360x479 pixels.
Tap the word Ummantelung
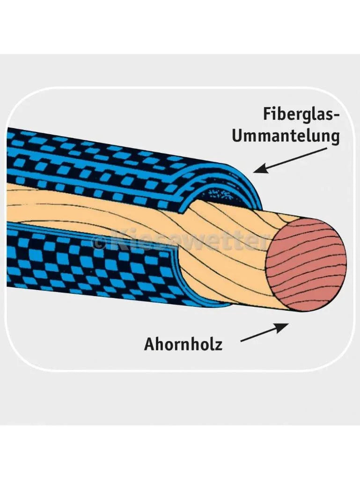coord(286,136)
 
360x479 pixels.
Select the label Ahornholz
coord(183,344)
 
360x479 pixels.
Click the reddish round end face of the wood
coord(306,265)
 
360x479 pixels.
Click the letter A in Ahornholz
coord(149,344)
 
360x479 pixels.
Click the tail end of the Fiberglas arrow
coord(326,149)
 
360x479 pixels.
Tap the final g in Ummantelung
coord(335,138)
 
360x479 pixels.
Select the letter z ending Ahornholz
coord(218,346)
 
